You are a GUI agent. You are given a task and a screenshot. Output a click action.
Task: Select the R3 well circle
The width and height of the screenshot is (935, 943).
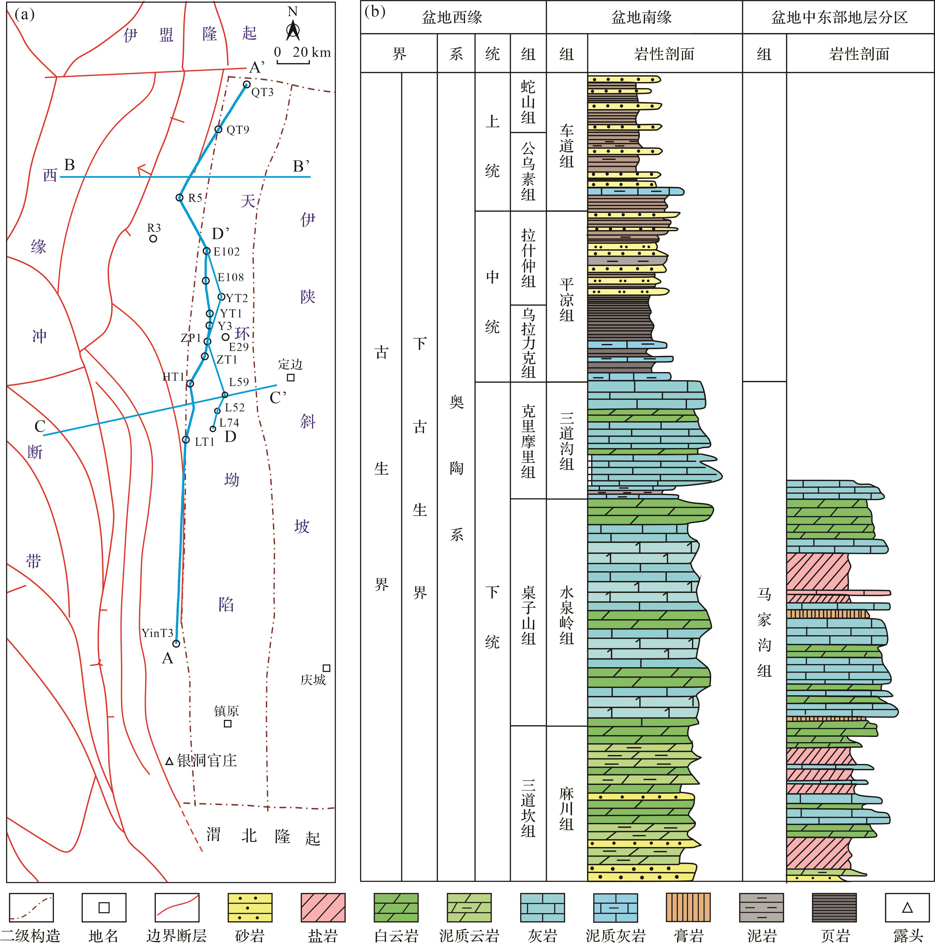153,238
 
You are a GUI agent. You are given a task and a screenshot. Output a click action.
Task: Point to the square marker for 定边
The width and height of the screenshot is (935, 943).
291,377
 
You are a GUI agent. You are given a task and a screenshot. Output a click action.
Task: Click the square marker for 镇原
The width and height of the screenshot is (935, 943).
227,723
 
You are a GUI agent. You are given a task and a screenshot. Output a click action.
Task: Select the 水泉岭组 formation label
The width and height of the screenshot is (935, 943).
566,616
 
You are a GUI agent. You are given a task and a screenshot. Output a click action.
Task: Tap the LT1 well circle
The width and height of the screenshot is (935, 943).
186,440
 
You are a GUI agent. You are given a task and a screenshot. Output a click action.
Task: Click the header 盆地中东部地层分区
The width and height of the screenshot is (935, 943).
839,18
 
